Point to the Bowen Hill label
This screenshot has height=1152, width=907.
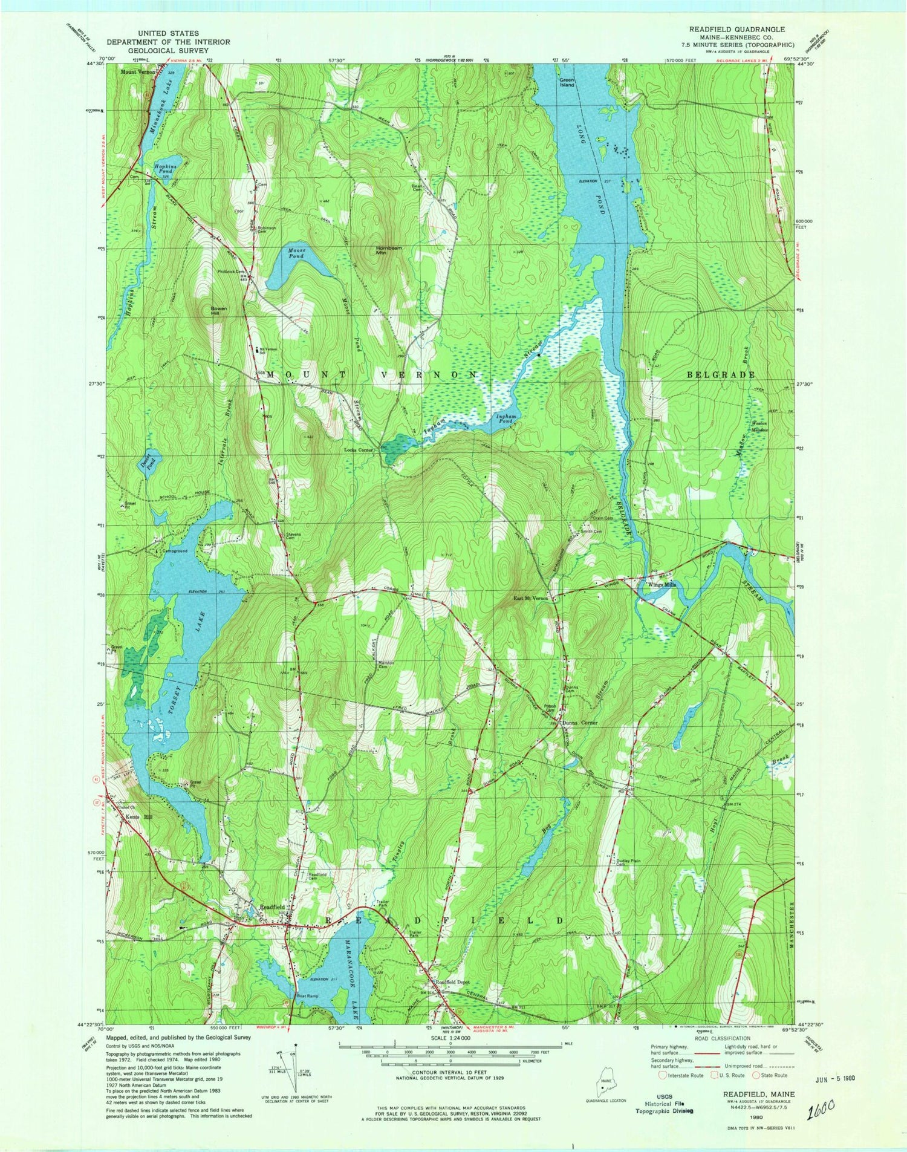pyautogui.click(x=218, y=311)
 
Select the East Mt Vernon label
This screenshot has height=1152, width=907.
pyautogui.click(x=530, y=598)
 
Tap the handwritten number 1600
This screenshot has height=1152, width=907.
pyautogui.click(x=821, y=1108)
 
